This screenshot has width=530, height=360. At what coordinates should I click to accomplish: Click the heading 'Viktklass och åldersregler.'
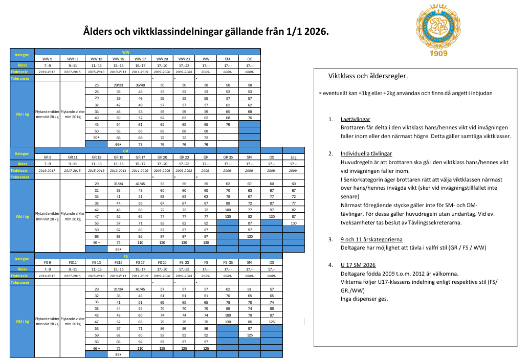pos(368,77)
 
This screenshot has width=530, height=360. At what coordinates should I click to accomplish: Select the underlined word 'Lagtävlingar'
pos(356,119)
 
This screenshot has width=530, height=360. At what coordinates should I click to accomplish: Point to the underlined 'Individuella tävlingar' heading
pos(366,153)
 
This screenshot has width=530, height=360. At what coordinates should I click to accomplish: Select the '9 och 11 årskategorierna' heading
pos(371,239)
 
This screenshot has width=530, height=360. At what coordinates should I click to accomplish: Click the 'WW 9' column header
pos(47,59)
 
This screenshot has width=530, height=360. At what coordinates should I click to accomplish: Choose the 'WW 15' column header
pos(118,59)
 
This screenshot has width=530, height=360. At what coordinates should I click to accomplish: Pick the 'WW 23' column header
pos(184,59)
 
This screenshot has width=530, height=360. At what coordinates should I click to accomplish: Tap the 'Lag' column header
pos(293,156)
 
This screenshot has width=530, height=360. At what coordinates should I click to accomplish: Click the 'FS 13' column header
pos(96,262)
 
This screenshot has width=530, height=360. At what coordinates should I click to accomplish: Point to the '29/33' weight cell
pos(118,85)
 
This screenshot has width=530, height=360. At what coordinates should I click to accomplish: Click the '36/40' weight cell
pos(140,85)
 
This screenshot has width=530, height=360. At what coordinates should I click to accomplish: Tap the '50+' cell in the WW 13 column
pos(96,138)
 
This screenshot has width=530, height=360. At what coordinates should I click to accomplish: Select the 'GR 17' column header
pos(140,156)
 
